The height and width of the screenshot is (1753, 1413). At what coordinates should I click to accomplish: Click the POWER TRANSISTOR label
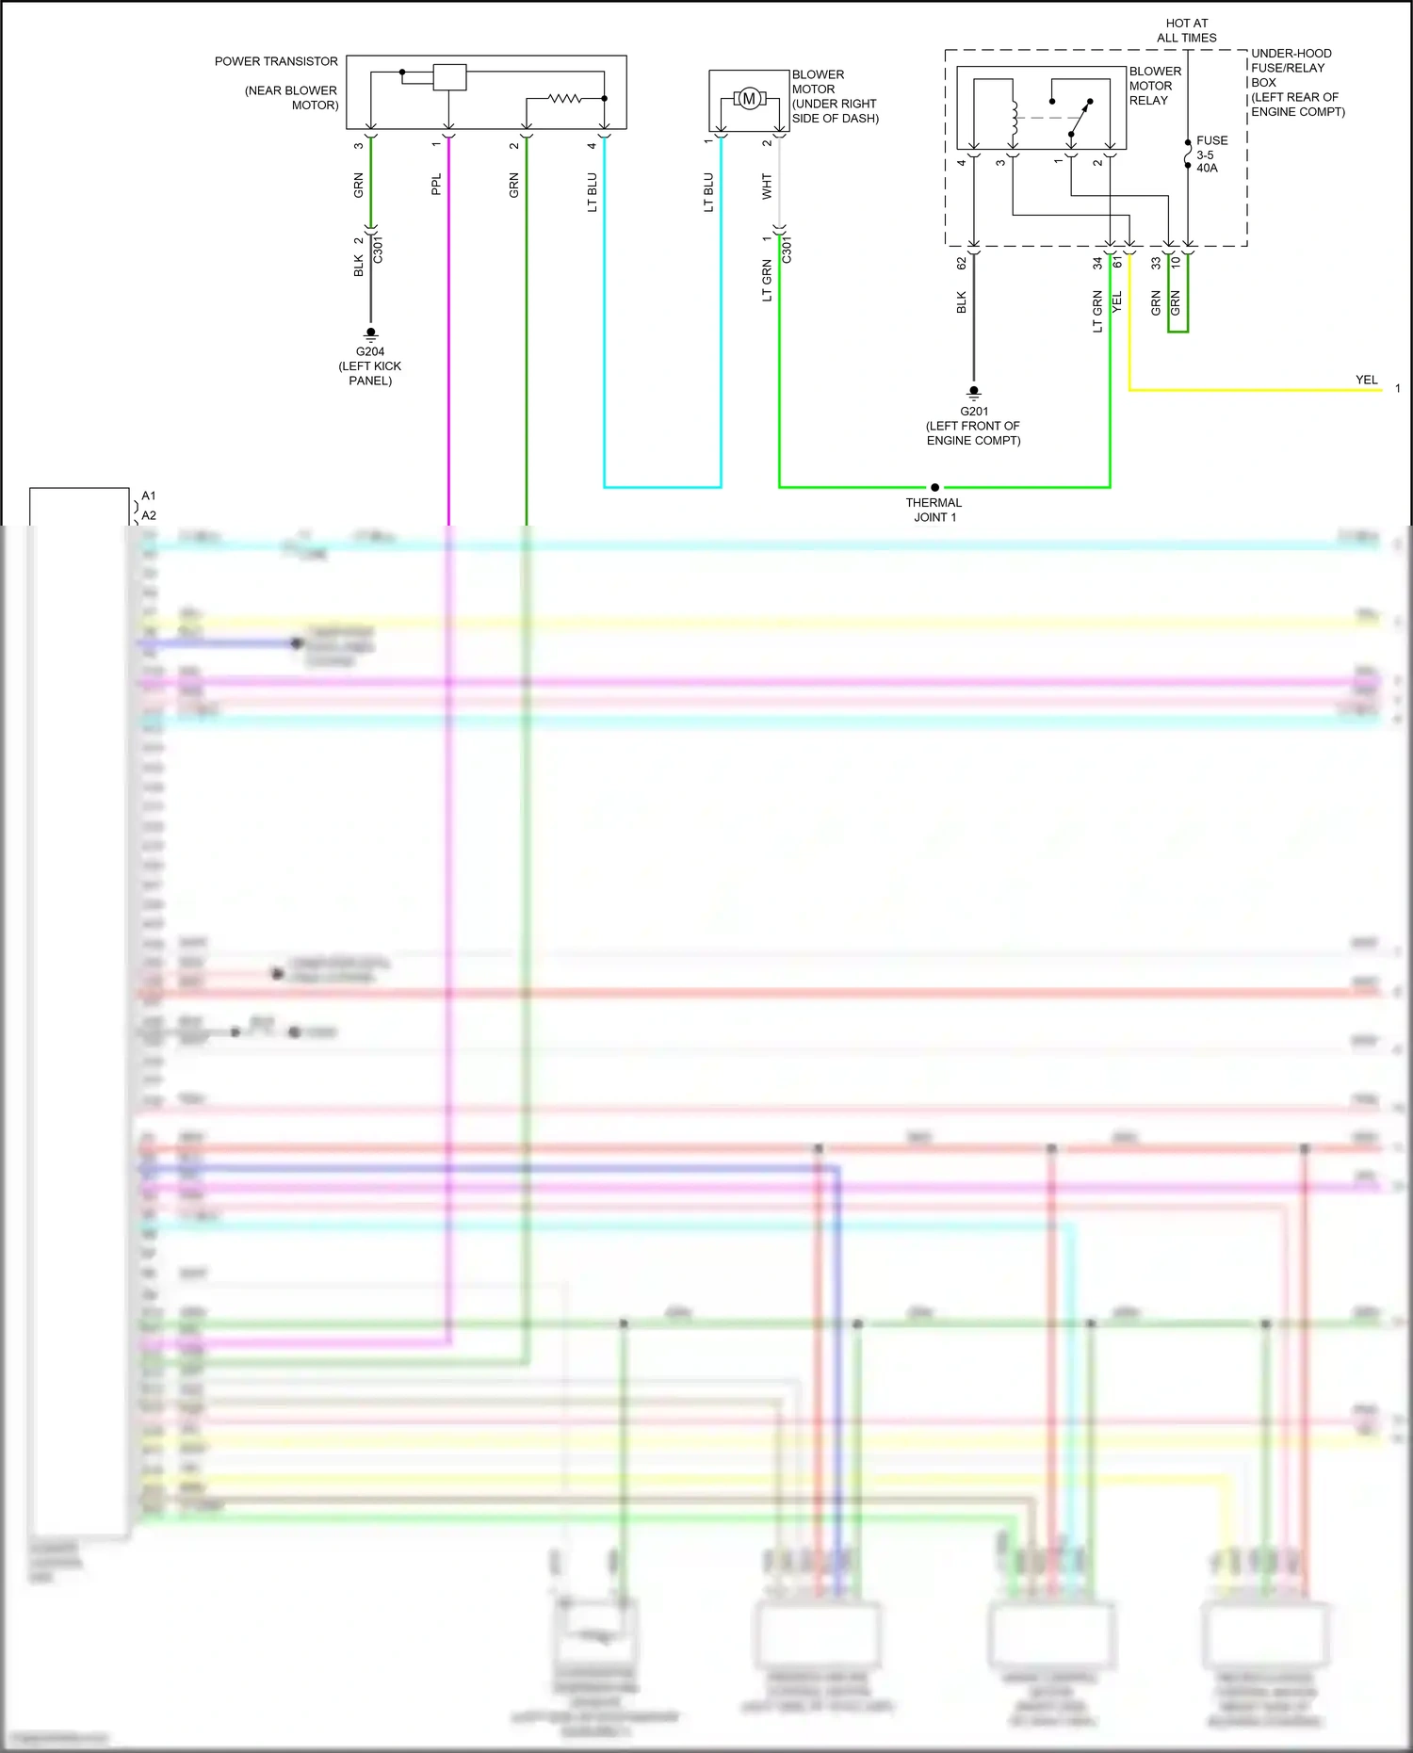point(276,61)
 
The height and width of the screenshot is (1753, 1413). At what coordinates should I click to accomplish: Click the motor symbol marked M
point(749,99)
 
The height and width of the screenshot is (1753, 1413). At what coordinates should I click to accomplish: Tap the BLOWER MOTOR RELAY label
point(1155,86)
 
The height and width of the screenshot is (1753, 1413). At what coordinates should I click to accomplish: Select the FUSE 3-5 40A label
point(1210,154)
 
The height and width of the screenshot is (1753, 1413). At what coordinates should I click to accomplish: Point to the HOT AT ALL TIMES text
point(1186,30)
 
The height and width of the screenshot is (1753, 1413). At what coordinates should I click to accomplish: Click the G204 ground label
point(370,351)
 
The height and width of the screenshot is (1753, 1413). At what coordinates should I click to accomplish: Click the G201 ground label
point(974,412)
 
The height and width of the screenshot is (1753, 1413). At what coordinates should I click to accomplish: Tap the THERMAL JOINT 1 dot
point(934,488)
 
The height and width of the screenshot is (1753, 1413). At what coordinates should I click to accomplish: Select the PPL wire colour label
point(436,185)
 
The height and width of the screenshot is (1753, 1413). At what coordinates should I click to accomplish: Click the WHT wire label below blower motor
point(767,187)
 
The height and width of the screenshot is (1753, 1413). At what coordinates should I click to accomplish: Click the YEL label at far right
point(1366,380)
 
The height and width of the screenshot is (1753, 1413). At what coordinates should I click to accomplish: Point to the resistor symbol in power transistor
point(565,98)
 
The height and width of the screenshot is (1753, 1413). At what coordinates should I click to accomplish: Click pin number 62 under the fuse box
point(962,264)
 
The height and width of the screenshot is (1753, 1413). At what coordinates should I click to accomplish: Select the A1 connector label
point(149,495)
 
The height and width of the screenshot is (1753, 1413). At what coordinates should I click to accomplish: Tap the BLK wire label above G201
point(962,302)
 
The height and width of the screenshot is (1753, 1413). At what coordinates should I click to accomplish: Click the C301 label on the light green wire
point(788,251)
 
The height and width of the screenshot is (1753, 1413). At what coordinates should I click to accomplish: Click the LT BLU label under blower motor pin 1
point(708,192)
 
